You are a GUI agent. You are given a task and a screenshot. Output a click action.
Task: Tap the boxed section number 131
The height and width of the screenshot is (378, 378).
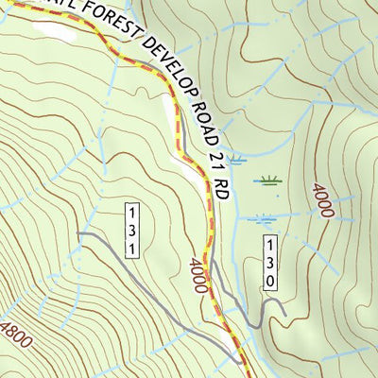134,230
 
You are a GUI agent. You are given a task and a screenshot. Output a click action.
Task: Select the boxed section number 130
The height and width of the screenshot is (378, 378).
269,262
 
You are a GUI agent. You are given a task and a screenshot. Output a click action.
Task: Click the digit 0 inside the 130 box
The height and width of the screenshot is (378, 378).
269,281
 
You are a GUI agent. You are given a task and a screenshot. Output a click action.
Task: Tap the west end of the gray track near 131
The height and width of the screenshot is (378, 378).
79,233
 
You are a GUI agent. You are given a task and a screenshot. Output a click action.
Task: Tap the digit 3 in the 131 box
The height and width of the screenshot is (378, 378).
134,230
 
